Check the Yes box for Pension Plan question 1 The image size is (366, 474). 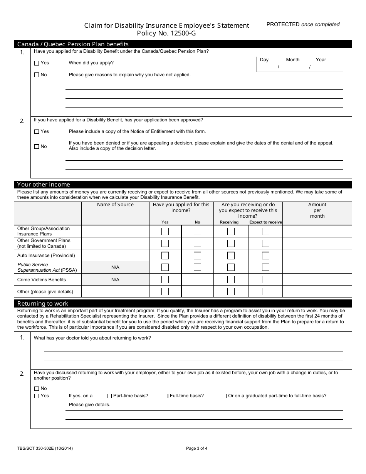pyautogui.click(x=37, y=63)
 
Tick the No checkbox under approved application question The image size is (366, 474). pyautogui.click(x=37, y=146)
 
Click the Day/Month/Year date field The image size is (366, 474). pyautogui.click(x=300, y=64)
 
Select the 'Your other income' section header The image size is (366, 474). pyautogui.click(x=44, y=185)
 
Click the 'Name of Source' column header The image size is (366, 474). pyautogui.click(x=115, y=205)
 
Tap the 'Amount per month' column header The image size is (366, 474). pyautogui.click(x=317, y=210)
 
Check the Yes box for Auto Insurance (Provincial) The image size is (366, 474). pyautogui.click(x=165, y=255)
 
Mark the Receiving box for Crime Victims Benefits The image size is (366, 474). pyautogui.click(x=231, y=280)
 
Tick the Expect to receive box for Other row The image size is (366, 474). pyautogui.click(x=265, y=292)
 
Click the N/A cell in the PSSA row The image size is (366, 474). pyautogui.click(x=115, y=267)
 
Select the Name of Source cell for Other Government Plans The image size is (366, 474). pyautogui.click(x=115, y=243)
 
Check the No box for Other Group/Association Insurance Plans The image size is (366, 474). pyautogui.click(x=197, y=231)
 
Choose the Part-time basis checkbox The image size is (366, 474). pyautogui.click(x=109, y=396)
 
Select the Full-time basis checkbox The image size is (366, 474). pyautogui.click(x=166, y=396)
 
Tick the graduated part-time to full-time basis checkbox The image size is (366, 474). pyautogui.click(x=224, y=396)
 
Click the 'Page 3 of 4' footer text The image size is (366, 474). pyautogui.click(x=196, y=448)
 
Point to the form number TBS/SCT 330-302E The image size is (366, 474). pyautogui.click(x=45, y=448)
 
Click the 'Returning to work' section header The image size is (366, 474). pyautogui.click(x=43, y=303)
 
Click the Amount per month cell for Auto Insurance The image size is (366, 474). pyautogui.click(x=317, y=255)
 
